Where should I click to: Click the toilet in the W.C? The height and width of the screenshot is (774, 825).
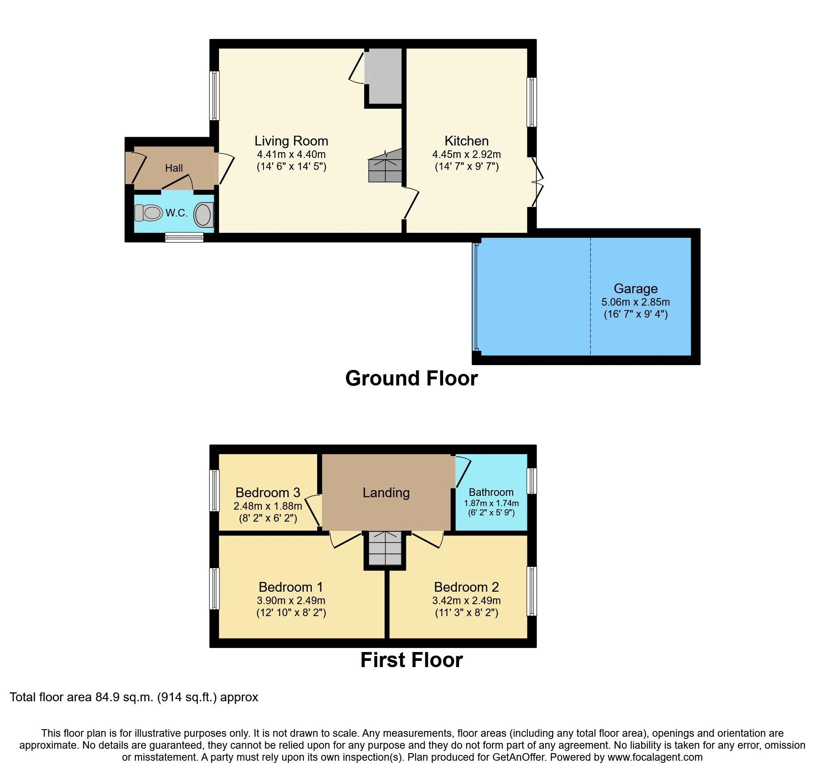[x=148, y=213]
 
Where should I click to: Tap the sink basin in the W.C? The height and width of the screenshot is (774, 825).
[x=204, y=215]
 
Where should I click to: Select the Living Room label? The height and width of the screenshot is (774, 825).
[x=291, y=141]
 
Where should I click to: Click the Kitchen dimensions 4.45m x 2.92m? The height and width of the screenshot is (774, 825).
[x=466, y=154]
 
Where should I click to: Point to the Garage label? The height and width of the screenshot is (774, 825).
[x=635, y=289]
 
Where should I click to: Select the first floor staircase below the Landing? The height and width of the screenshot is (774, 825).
[x=385, y=549]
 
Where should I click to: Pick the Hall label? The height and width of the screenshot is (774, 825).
[x=174, y=168]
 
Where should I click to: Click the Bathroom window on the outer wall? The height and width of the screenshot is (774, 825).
[x=532, y=481]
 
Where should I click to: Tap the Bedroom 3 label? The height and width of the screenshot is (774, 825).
[x=267, y=493]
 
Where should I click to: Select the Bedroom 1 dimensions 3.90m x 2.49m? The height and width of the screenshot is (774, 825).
[x=291, y=601]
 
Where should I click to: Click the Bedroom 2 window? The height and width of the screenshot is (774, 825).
[x=532, y=591]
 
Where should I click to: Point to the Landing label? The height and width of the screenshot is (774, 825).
[x=386, y=493]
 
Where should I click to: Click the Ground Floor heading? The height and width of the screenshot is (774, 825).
[x=411, y=378]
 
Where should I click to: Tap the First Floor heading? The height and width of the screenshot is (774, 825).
[x=411, y=660]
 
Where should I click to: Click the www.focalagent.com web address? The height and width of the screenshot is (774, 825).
[x=655, y=757]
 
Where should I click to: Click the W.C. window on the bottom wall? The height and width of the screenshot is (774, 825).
[x=184, y=237]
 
